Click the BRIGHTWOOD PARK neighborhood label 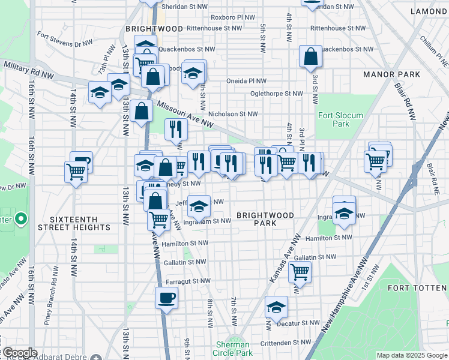coord(265,219)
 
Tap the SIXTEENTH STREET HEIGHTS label coord(74,223)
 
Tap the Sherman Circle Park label coord(232,349)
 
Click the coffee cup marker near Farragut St coord(166,297)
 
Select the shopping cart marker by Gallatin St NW coord(299,272)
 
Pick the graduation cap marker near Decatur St coord(276,307)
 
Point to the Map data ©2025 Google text coord(411,355)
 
